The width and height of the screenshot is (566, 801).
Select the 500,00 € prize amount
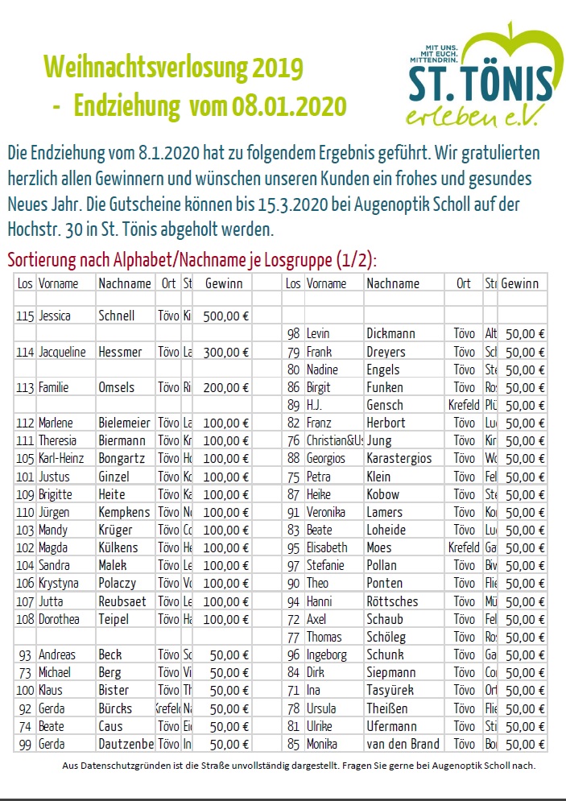(x=226, y=316)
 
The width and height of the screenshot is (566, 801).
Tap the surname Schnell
(x=116, y=316)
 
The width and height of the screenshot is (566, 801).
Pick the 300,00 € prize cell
(x=226, y=352)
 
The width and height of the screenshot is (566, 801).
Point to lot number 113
(x=25, y=387)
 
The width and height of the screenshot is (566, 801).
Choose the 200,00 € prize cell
(x=226, y=387)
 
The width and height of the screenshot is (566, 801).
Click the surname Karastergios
(x=399, y=458)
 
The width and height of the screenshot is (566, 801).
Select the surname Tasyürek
(x=390, y=691)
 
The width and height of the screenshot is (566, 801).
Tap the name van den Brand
(x=403, y=744)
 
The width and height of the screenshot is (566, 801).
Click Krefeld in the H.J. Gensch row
(x=463, y=405)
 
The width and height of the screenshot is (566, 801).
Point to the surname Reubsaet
(x=122, y=601)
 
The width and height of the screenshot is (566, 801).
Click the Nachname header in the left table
(x=124, y=283)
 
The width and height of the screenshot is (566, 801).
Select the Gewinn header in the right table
(x=520, y=283)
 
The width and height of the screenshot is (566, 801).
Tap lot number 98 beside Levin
(x=293, y=333)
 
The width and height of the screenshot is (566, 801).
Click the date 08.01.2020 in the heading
(x=289, y=106)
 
